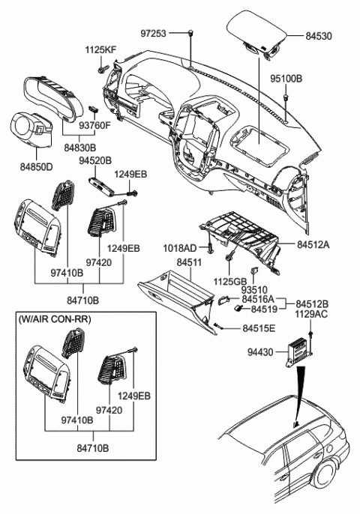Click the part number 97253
[154, 34]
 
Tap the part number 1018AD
[181, 247]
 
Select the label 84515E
[259, 328]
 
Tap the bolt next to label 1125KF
[100, 70]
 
